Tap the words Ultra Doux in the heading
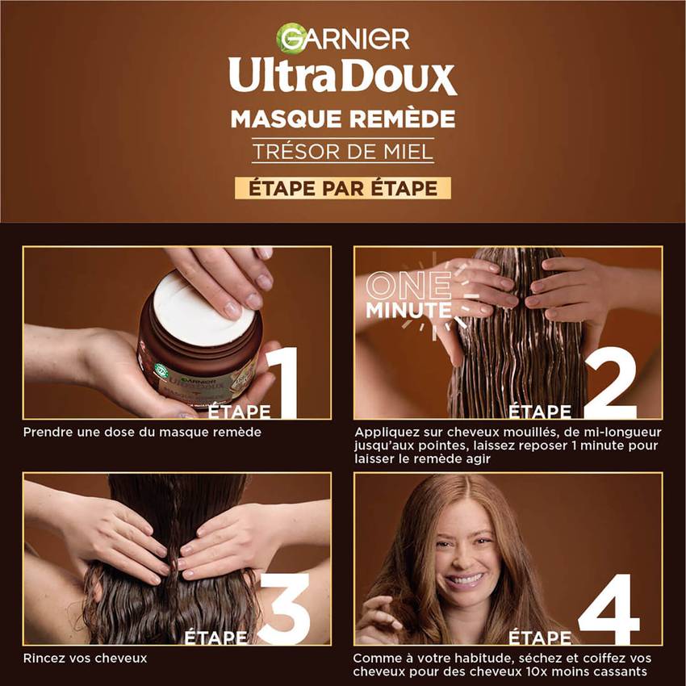(342, 76)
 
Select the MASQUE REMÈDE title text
(343, 119)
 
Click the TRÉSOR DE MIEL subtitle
(343, 152)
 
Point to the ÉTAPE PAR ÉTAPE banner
(343, 189)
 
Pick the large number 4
(609, 609)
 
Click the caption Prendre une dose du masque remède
(142, 433)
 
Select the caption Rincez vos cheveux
(86, 658)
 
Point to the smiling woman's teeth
(464, 579)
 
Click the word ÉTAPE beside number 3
(215, 638)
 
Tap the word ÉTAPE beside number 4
(540, 638)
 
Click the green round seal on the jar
(161, 370)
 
